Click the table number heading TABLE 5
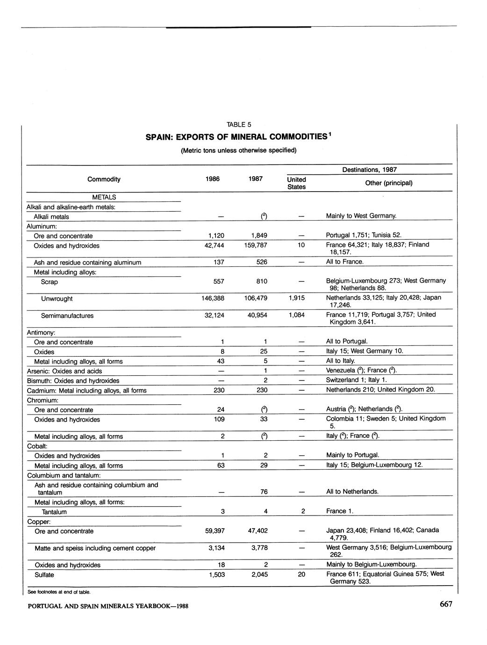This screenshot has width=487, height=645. pyautogui.click(x=239, y=124)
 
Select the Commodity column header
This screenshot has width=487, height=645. pyautogui.click(x=104, y=179)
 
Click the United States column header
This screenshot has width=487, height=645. pyautogui.click(x=296, y=183)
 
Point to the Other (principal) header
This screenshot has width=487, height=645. pyautogui.click(x=388, y=183)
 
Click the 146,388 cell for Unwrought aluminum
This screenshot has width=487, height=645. pyautogui.click(x=212, y=298)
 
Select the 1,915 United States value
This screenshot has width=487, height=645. pyautogui.click(x=297, y=298)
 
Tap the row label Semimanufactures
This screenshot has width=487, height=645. pyautogui.click(x=67, y=315)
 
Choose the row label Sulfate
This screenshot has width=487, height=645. pyautogui.click(x=44, y=575)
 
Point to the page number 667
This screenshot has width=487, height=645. pyautogui.click(x=446, y=604)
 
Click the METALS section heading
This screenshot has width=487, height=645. pyautogui.click(x=104, y=197)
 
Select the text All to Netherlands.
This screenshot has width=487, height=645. pyautogui.click(x=352, y=492)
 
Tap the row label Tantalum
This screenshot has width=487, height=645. pyautogui.click(x=54, y=512)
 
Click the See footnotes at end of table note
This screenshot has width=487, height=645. pyautogui.click(x=58, y=592)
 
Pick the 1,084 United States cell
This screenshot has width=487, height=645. pyautogui.click(x=297, y=315)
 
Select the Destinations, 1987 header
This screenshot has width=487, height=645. pyautogui.click(x=369, y=170)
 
